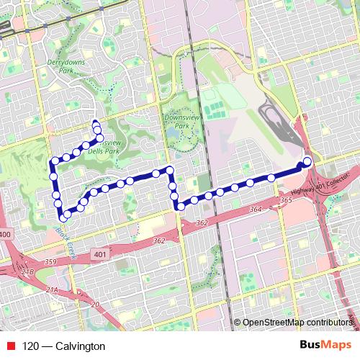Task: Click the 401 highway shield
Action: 99,254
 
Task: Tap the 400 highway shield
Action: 6,235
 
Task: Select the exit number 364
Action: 256,209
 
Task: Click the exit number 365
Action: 286,200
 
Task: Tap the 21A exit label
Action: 51,289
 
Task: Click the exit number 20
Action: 96,304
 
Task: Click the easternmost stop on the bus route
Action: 307,161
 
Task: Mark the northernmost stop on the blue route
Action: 96,122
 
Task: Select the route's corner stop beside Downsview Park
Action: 170,171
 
